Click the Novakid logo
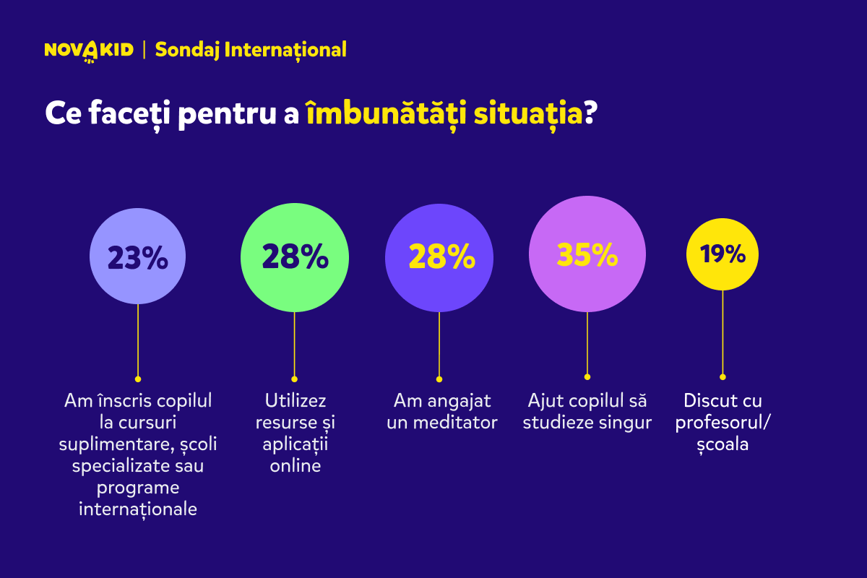(89, 51)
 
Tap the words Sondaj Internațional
(251, 50)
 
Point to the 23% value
(138, 258)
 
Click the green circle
(295, 257)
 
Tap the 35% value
(587, 255)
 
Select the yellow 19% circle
(722, 254)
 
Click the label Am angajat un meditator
(441, 412)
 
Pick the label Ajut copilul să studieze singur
(587, 412)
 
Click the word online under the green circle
(296, 466)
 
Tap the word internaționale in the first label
(138, 509)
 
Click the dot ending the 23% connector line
(138, 379)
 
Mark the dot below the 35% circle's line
(587, 377)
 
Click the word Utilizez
(296, 401)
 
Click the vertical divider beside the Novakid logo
(144, 51)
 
